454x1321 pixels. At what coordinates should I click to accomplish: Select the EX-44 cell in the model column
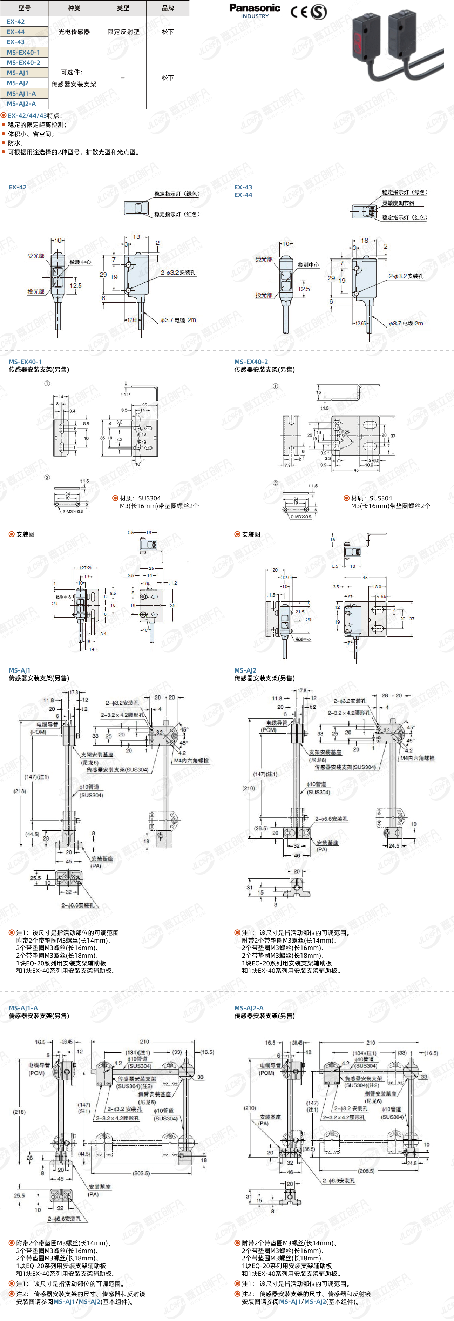[16, 32]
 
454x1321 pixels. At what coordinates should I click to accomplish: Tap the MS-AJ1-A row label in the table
[21, 93]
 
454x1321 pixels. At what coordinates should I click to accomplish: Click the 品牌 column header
[168, 8]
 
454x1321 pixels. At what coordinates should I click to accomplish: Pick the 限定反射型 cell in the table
[123, 32]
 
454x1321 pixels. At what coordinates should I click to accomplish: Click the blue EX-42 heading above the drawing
[18, 187]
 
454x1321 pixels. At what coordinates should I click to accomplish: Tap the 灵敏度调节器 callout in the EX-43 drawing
[398, 203]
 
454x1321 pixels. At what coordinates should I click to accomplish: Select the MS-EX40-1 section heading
[25, 362]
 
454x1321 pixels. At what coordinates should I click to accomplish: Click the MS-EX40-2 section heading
[251, 362]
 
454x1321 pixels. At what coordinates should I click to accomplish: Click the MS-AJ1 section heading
[20, 670]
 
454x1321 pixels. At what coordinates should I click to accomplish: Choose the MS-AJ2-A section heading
[249, 1008]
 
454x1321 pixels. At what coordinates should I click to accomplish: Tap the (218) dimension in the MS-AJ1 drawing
[20, 791]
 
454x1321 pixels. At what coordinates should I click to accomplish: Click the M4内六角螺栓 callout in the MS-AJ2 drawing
[417, 757]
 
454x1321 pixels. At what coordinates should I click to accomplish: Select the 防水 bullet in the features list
[15, 143]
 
